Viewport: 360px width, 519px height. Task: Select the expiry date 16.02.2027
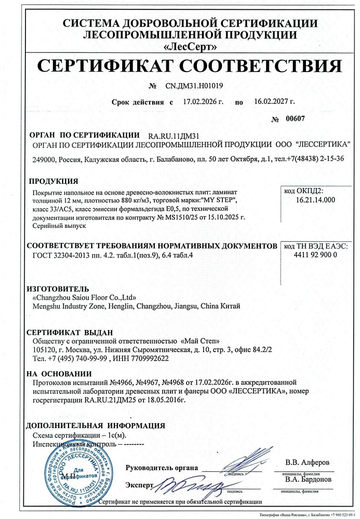point(274,102)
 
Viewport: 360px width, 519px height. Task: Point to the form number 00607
point(295,119)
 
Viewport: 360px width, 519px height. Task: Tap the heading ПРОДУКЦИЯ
point(54,181)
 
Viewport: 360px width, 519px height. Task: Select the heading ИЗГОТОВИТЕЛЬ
point(58,289)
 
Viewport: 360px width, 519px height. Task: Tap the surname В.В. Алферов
point(307,461)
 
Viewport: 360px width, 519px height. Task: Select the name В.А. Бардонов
point(308,479)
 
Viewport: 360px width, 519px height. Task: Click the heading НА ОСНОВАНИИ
point(59,373)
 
